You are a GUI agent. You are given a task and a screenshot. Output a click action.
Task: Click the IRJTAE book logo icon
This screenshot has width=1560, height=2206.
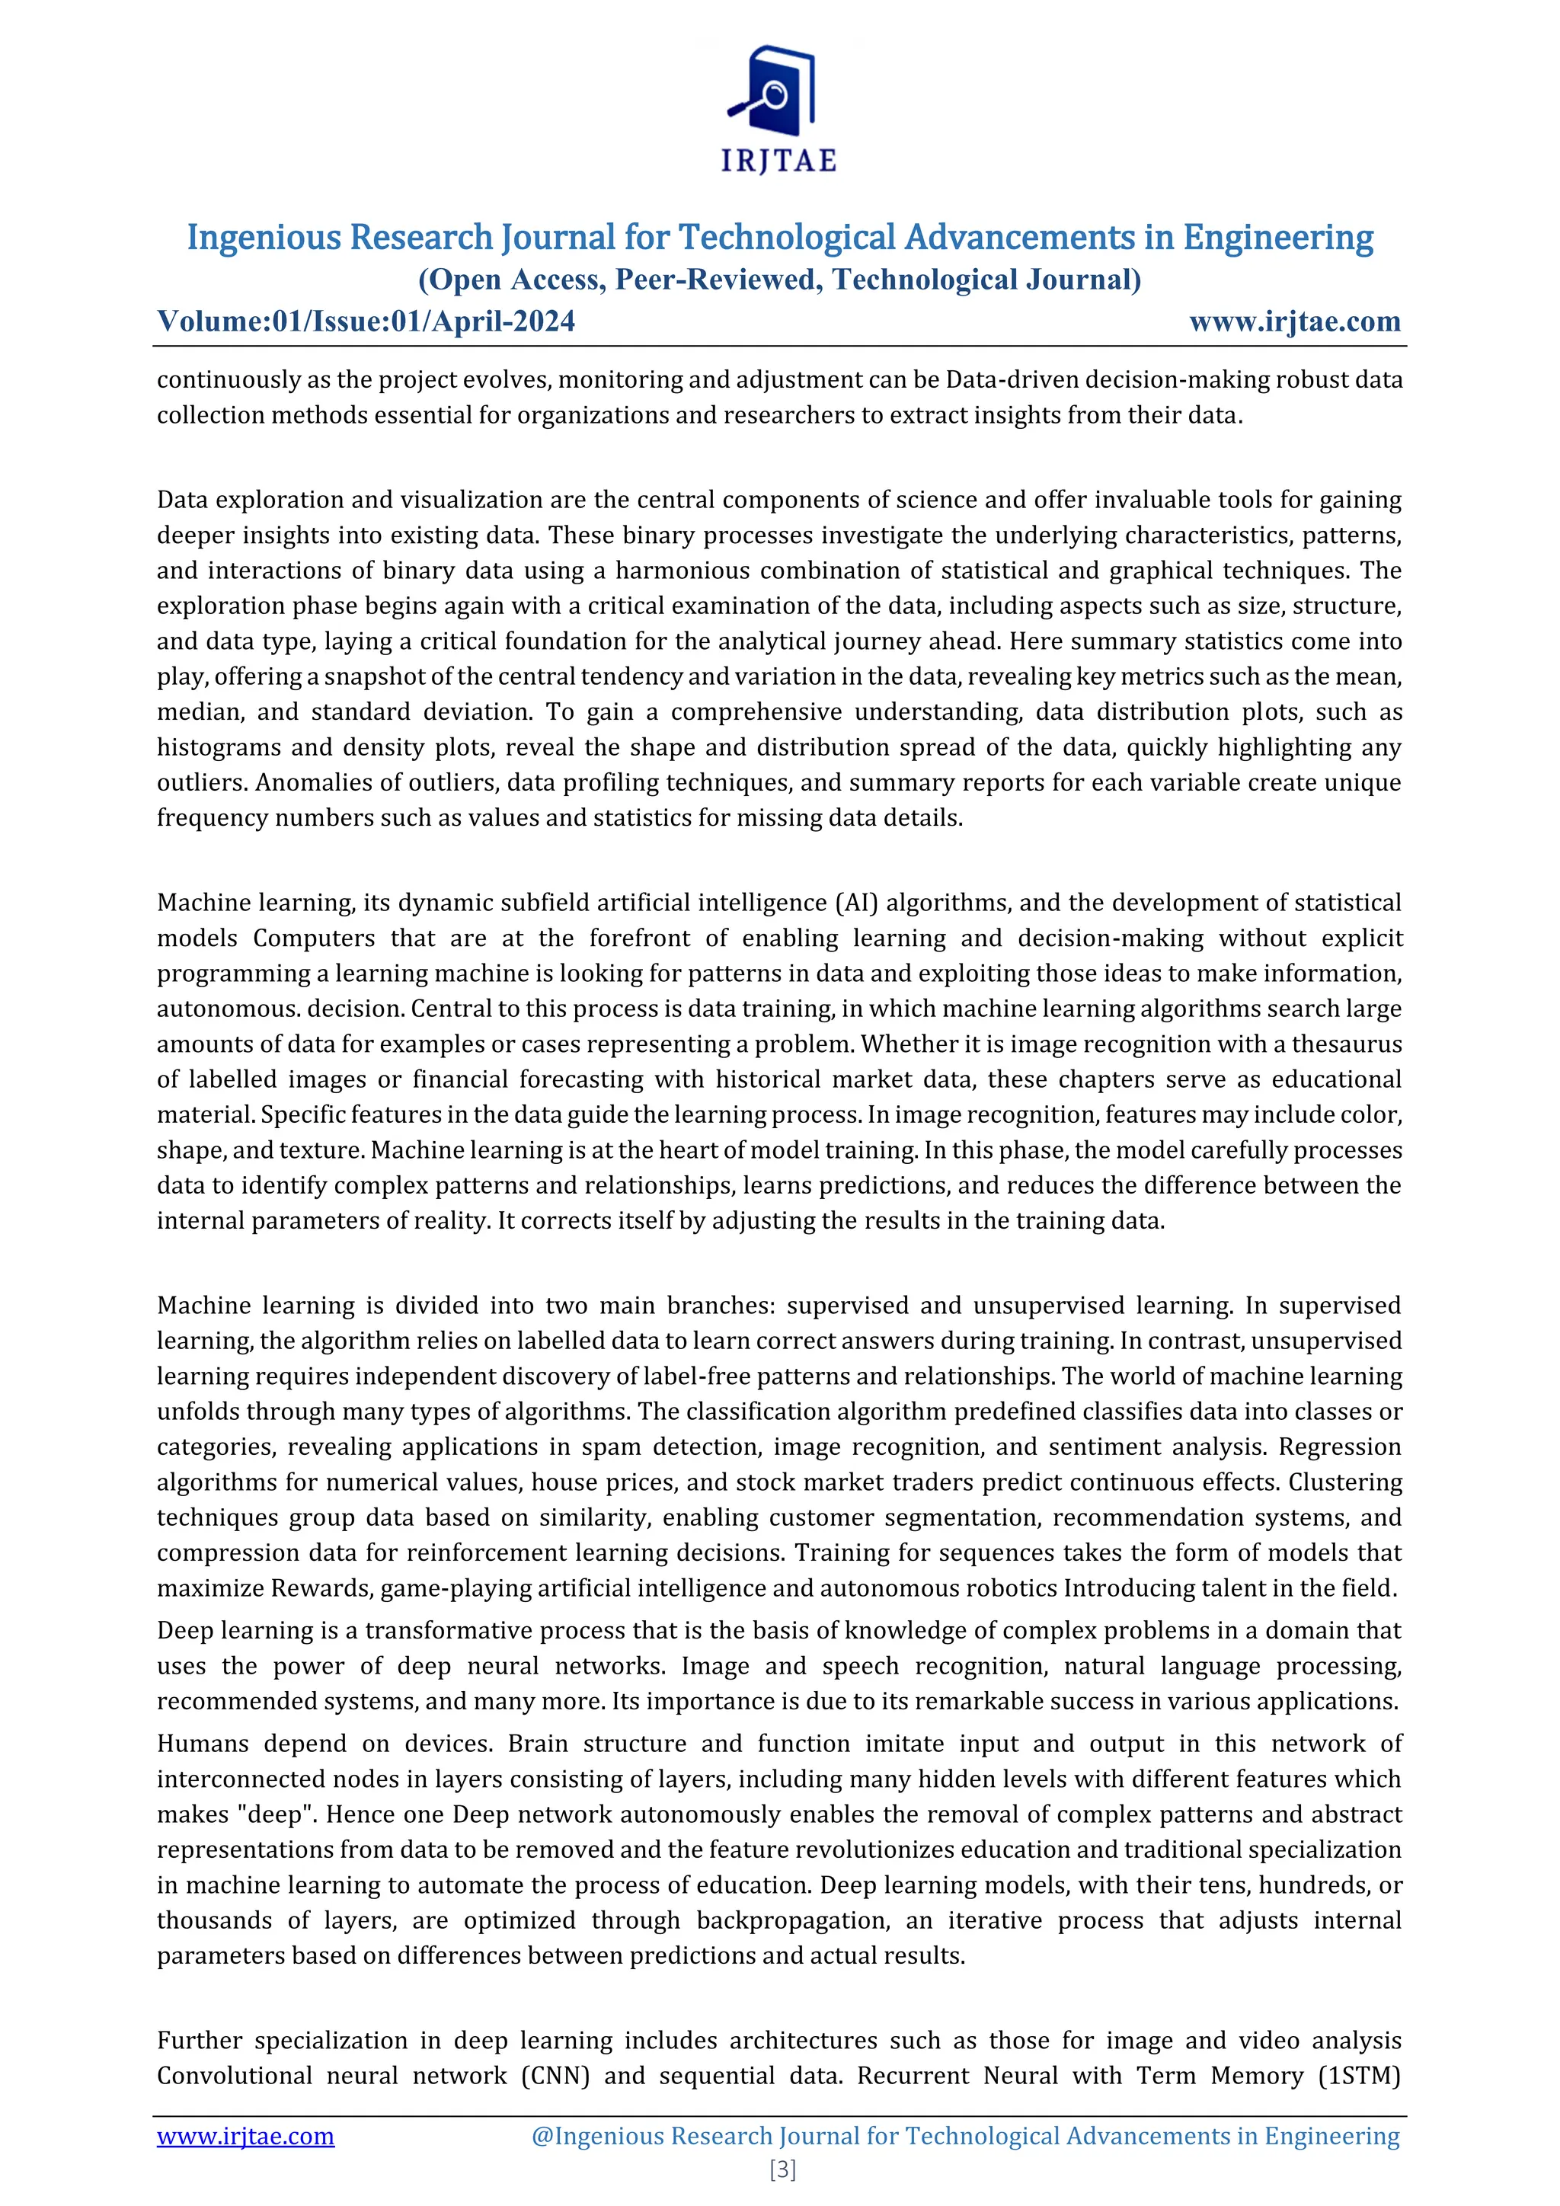pyautogui.click(x=773, y=91)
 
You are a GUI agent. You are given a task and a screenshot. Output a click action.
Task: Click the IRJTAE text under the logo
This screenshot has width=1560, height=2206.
pyautogui.click(x=779, y=161)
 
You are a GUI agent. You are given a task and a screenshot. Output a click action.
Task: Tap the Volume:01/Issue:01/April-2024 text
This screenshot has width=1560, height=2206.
pyautogui.click(x=366, y=321)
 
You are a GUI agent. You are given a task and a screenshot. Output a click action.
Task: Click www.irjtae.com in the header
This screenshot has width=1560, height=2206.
pyautogui.click(x=1295, y=321)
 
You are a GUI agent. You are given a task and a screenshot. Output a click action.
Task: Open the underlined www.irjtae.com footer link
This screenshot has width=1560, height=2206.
pyautogui.click(x=246, y=2136)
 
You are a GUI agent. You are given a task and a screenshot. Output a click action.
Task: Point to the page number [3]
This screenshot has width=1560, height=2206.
pyautogui.click(x=782, y=2169)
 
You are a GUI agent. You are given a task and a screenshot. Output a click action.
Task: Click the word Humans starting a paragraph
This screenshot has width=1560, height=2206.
pyautogui.click(x=203, y=1743)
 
